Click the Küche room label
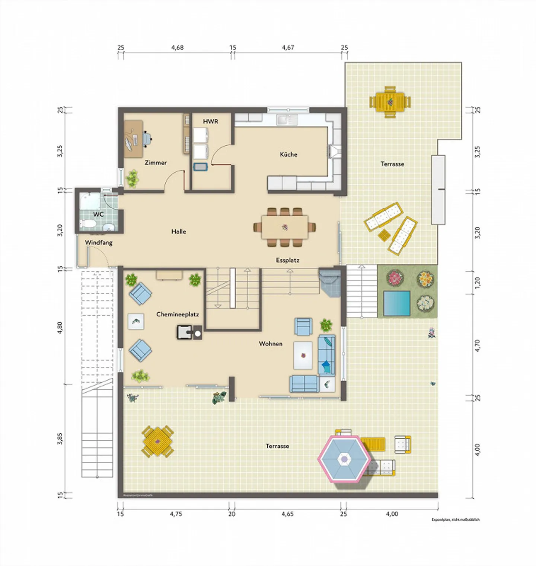tap(288, 154)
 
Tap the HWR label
tap(210, 122)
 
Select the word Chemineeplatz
tap(178, 314)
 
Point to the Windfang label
tap(99, 243)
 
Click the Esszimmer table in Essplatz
tap(285, 227)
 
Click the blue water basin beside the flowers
tap(397, 303)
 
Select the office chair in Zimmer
tap(147, 139)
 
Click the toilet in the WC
tap(88, 223)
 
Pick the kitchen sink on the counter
tap(286, 120)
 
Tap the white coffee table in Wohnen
tap(303, 356)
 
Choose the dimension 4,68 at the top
tap(177, 48)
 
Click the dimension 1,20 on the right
tap(478, 282)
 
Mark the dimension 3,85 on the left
tap(60, 438)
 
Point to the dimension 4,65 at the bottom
tap(287, 514)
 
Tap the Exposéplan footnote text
tap(455, 520)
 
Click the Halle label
tap(179, 232)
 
